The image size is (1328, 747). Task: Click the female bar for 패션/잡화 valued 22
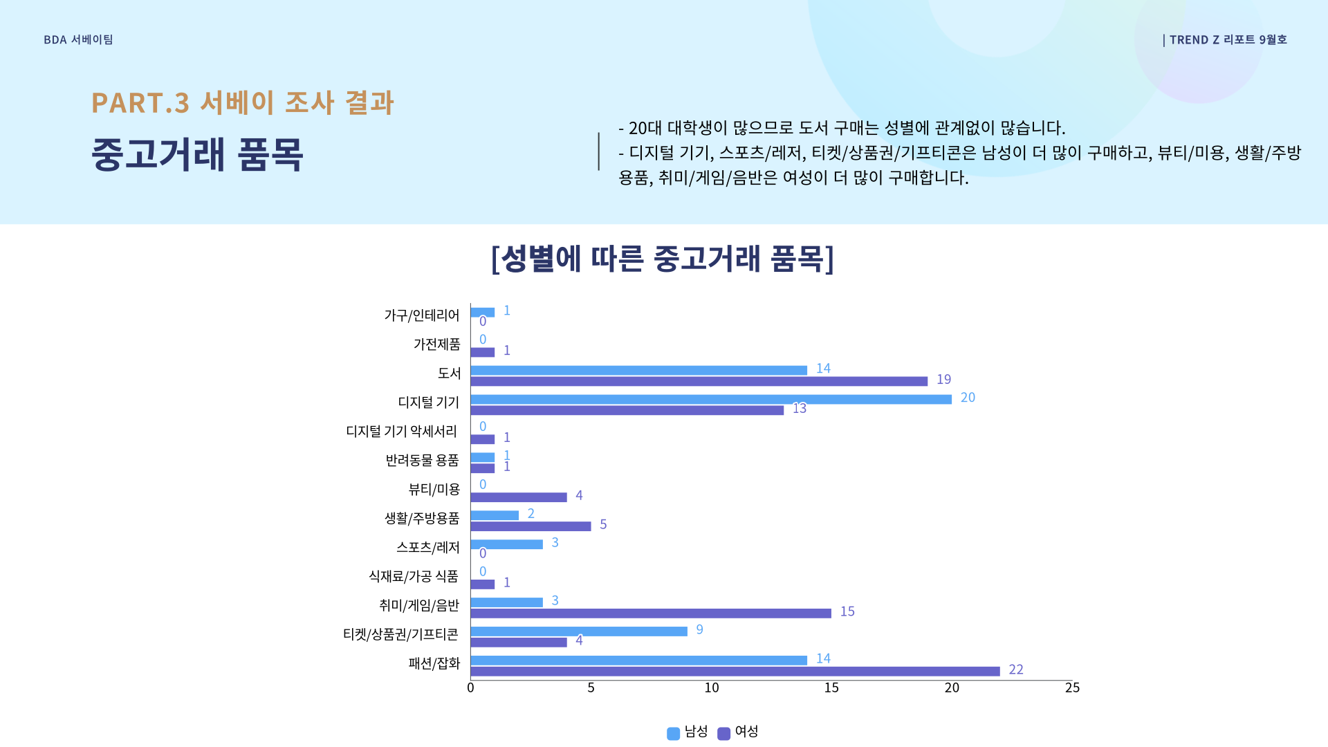point(735,672)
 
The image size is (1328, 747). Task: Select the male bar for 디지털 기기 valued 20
point(711,399)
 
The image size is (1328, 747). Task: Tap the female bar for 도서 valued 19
point(699,381)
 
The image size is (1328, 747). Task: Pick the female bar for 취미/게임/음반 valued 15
point(650,614)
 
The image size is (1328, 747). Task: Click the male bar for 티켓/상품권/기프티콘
point(579,631)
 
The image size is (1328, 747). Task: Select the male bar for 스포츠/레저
point(506,544)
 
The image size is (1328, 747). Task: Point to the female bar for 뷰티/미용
point(519,497)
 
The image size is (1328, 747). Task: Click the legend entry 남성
point(688,732)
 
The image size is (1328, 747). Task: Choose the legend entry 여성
point(738,732)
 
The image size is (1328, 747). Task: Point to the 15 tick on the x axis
point(831,688)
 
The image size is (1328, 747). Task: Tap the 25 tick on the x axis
point(1072,688)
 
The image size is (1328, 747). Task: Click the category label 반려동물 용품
point(422,461)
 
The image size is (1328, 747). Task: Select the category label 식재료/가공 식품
point(413,576)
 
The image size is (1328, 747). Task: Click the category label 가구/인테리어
point(421,315)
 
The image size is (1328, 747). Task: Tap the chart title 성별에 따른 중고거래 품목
point(663,259)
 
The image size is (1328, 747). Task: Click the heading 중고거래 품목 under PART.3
point(197,154)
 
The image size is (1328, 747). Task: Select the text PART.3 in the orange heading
point(140,103)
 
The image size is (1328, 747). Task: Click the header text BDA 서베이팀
point(78,40)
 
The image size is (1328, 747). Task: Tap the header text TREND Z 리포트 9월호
point(1228,40)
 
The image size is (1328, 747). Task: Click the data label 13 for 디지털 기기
point(800,409)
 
